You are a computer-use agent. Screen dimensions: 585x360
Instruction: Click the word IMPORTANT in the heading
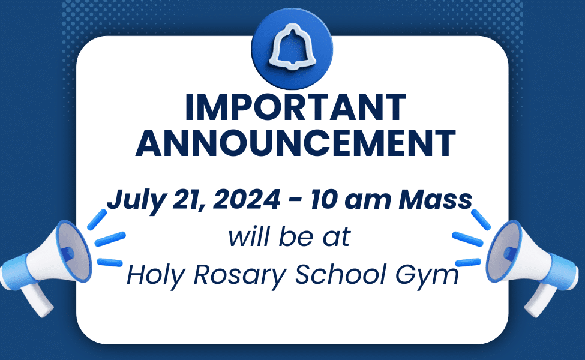click(295, 107)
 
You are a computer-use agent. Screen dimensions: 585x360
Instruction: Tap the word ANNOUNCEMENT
click(295, 143)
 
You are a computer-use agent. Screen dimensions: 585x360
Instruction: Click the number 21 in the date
click(189, 200)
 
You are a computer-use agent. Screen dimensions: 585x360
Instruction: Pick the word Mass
click(436, 199)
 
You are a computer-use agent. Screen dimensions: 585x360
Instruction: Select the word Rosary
click(240, 276)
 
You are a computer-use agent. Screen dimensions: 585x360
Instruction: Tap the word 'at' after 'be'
click(337, 238)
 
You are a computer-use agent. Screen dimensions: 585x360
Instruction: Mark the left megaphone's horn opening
click(73, 251)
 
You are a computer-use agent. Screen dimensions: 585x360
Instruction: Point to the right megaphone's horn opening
click(503, 251)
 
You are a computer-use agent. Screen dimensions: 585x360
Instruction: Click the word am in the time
click(367, 202)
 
